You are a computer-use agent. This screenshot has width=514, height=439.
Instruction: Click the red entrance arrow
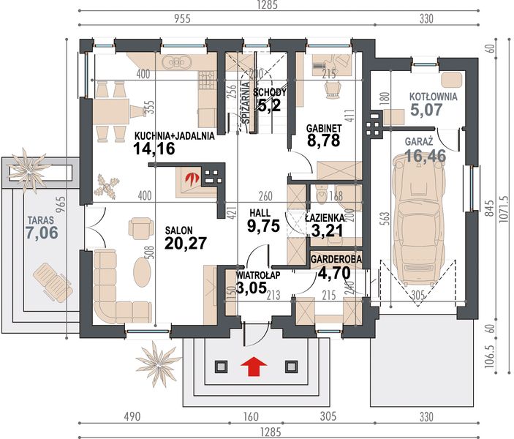254,366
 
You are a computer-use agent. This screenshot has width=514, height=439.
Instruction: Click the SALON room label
178,230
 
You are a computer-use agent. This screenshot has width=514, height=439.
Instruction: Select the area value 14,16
154,149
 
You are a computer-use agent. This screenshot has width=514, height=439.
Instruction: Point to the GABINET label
324,128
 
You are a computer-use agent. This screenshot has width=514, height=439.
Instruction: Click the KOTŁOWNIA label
433,97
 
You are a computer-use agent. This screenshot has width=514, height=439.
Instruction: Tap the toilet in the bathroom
322,194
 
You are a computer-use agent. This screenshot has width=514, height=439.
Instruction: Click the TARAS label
41,219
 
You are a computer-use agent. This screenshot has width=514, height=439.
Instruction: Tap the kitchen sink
176,62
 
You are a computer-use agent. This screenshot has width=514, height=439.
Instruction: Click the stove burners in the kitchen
207,80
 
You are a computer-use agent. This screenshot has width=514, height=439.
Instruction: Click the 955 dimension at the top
181,19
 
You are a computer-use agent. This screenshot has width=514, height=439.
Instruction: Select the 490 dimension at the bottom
132,417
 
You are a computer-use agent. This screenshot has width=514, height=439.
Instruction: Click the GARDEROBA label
336,259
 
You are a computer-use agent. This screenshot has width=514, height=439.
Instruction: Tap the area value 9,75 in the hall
263,226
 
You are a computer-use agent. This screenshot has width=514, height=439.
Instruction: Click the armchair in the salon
141,226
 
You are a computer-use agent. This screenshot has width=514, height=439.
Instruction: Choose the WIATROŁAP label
258,275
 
